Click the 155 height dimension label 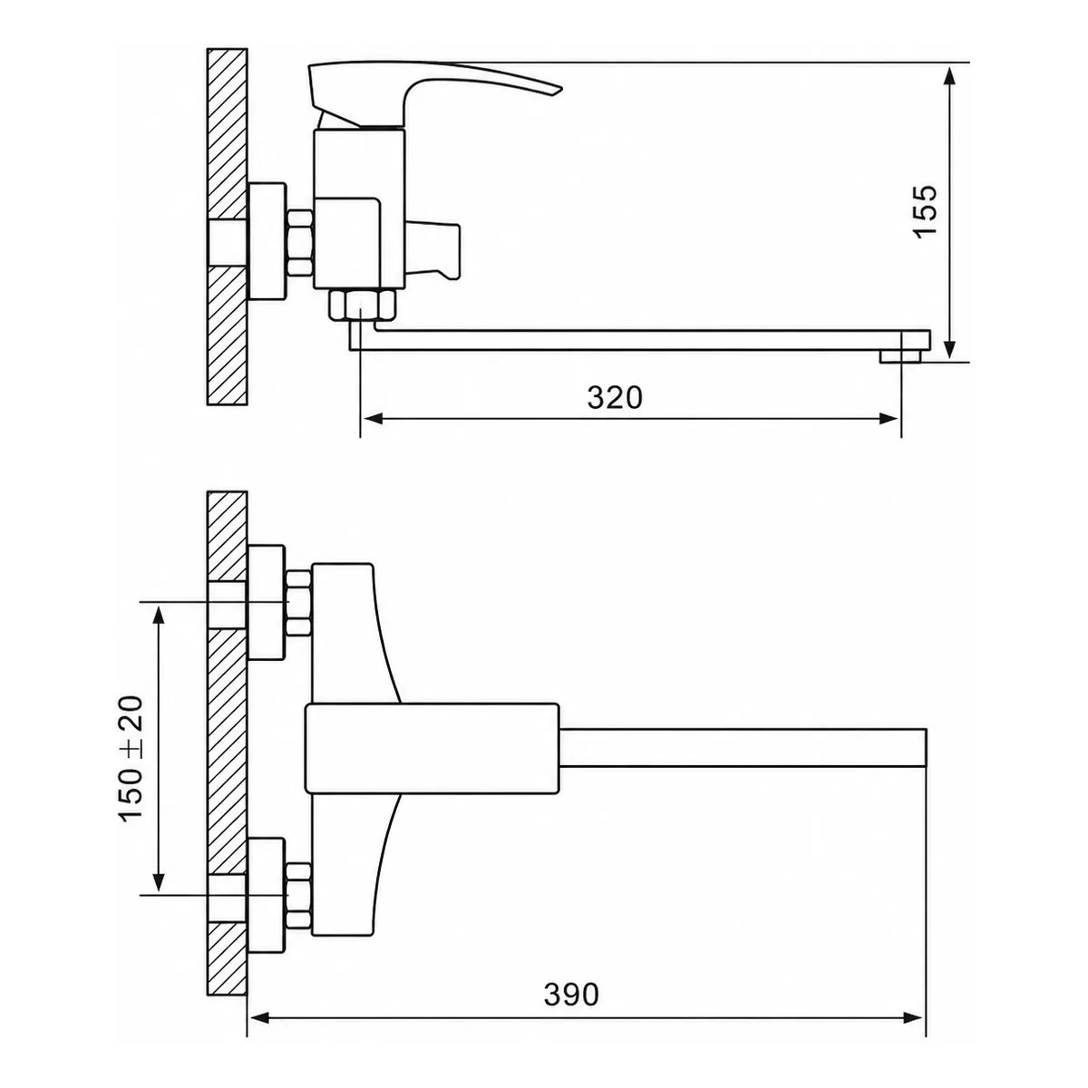click(927, 212)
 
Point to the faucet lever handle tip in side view click(559, 90)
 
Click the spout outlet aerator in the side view click(900, 355)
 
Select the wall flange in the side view click(267, 241)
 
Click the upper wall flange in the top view click(267, 603)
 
